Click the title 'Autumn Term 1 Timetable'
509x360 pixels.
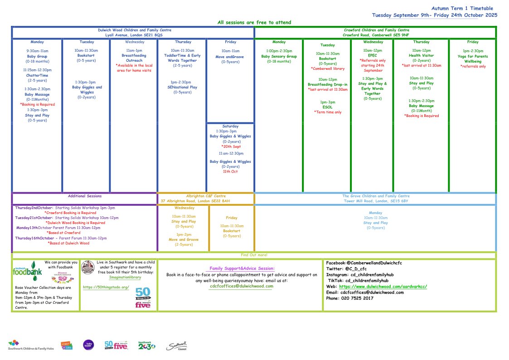tap(462, 8)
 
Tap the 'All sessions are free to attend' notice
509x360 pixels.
tap(254, 22)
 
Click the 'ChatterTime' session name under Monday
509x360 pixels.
tap(37, 75)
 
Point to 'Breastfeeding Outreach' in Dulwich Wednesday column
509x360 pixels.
tap(134, 58)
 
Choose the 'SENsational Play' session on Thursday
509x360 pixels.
tap(182, 87)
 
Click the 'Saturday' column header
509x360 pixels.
tap(230, 126)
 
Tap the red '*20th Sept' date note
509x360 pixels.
tap(230, 147)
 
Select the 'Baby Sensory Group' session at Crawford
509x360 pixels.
tap(279, 56)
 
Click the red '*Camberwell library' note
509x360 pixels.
tap(328, 69)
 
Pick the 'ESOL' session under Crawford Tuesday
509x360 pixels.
tap(328, 107)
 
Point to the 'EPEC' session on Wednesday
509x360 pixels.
tap(373, 55)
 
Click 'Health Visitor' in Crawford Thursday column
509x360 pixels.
tap(421, 55)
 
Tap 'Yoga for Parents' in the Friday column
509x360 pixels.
tap(473, 56)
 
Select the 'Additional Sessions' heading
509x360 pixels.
tap(85, 196)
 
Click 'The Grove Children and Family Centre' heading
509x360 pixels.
tap(375, 196)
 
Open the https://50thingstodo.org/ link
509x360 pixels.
tap(106, 287)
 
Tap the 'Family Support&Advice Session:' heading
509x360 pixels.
tap(242, 269)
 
